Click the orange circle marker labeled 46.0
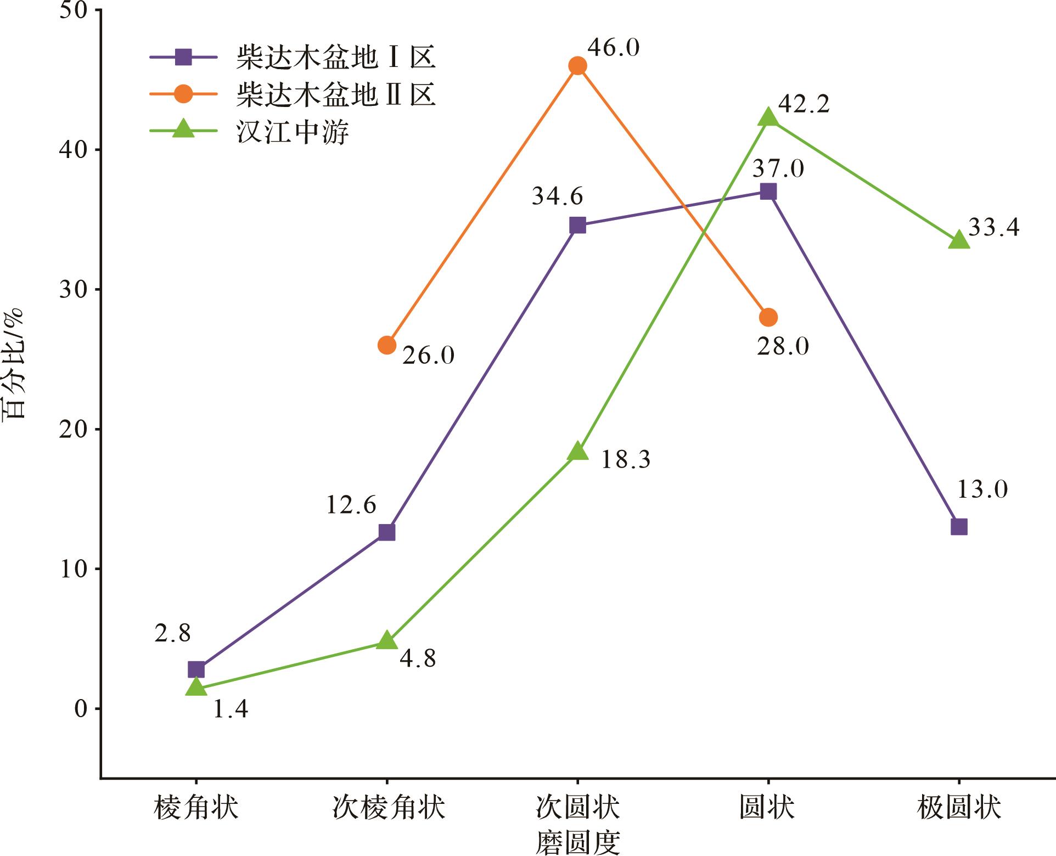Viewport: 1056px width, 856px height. (x=577, y=66)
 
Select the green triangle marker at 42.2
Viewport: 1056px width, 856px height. (x=768, y=117)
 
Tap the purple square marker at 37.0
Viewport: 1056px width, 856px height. (x=768, y=192)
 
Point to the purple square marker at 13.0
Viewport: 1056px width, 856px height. (x=958, y=527)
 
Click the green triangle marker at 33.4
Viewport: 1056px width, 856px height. (x=958, y=240)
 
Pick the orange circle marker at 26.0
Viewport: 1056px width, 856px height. (x=387, y=345)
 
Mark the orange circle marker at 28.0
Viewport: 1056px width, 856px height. (x=768, y=317)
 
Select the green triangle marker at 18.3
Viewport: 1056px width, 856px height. (x=577, y=452)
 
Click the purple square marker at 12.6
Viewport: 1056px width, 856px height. (x=387, y=532)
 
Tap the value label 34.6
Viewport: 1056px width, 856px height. (x=557, y=196)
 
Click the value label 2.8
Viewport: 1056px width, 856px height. (x=172, y=633)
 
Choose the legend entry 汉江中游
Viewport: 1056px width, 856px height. (x=293, y=132)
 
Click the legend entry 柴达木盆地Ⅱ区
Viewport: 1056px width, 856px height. (x=335, y=94)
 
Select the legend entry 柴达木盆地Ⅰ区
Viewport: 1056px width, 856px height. (x=335, y=57)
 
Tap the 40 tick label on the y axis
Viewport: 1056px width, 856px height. (x=74, y=150)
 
